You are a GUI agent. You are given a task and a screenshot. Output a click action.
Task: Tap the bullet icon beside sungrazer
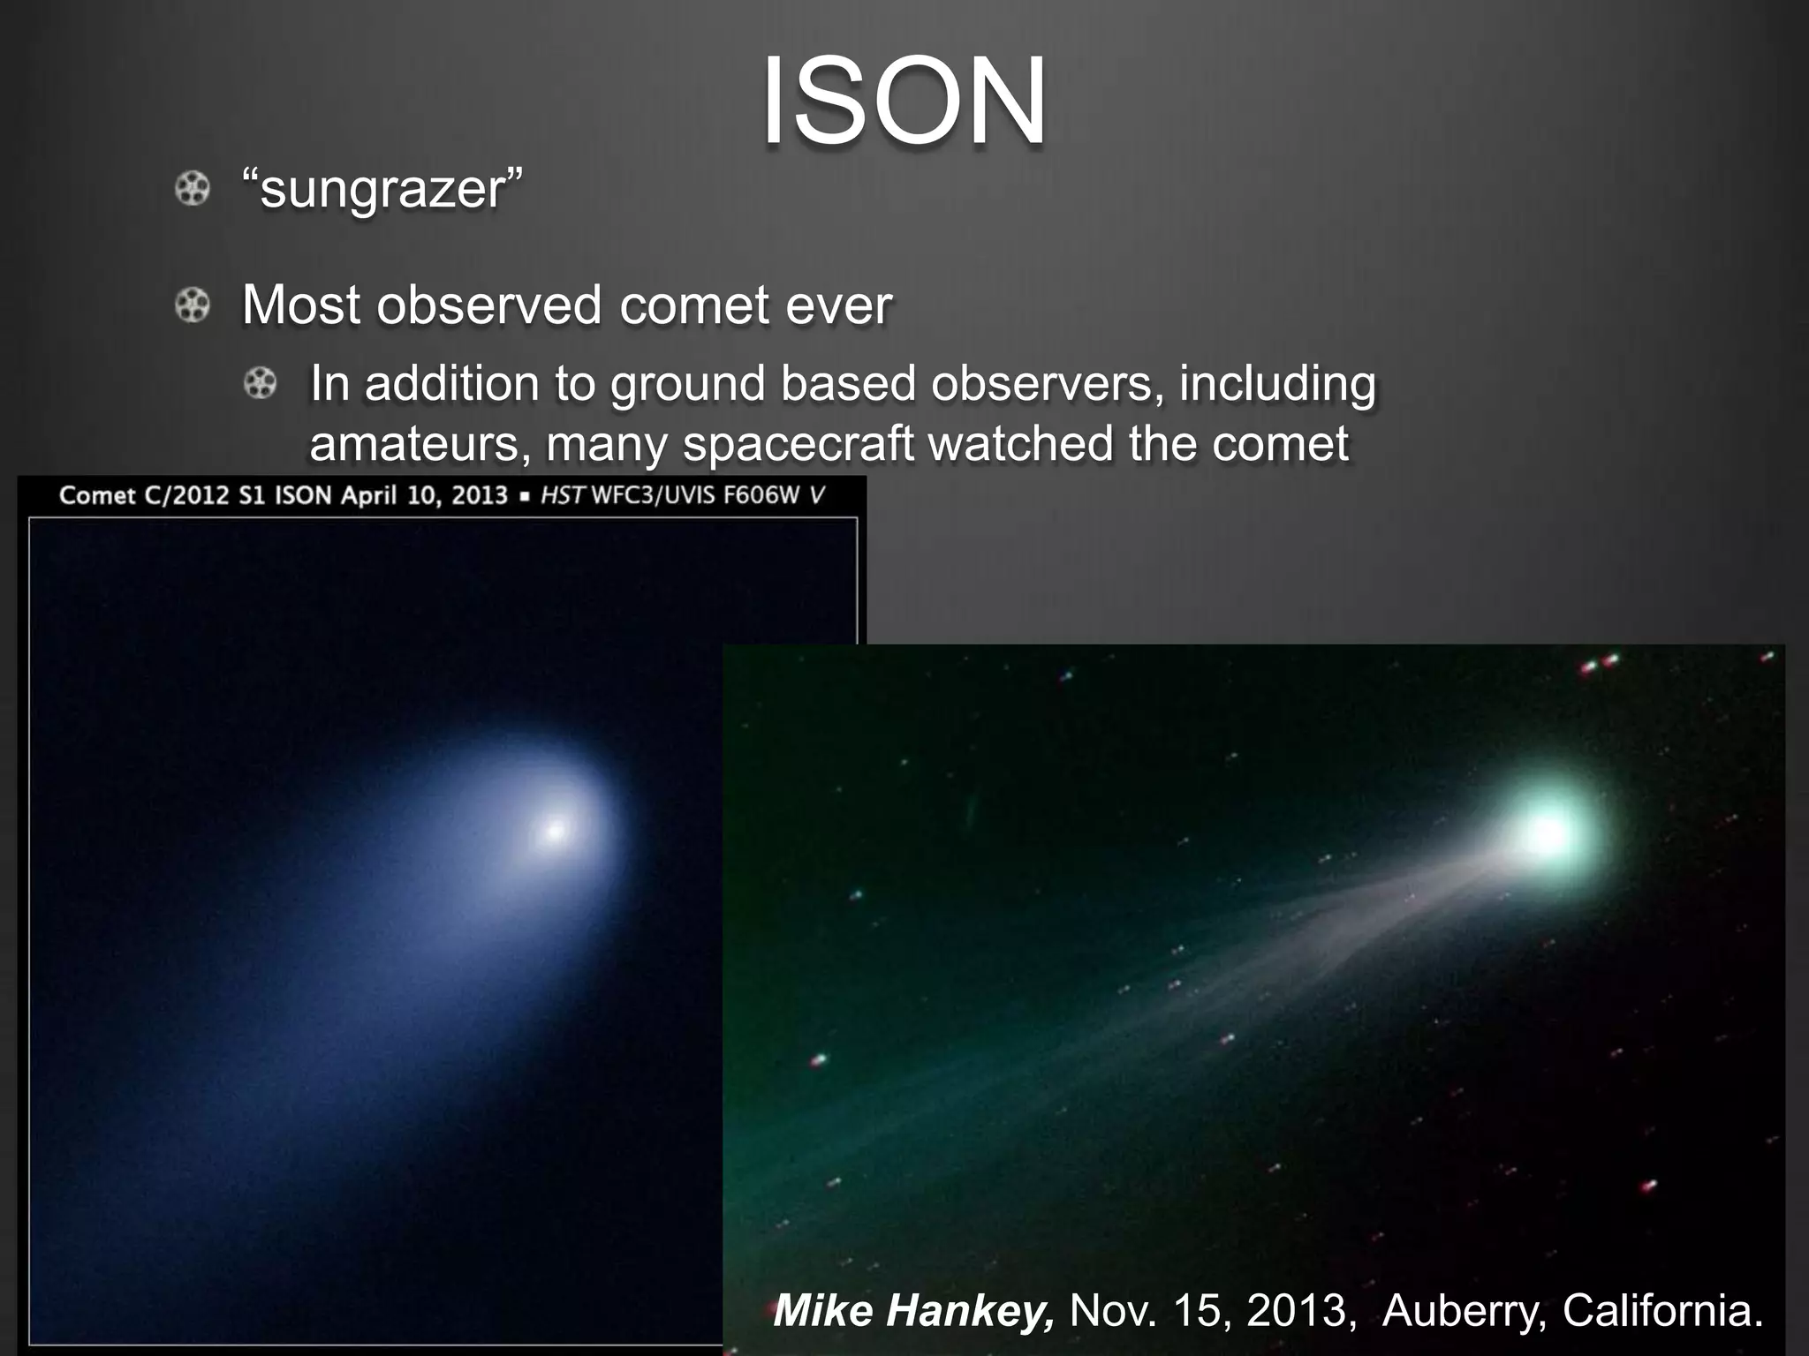192,189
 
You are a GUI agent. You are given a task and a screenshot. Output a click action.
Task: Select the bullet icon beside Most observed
192,305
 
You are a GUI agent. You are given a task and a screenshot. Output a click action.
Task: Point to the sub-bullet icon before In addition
260,384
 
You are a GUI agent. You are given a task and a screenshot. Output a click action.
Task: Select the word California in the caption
1661,1309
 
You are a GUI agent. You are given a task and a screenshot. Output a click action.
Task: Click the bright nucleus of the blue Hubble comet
556,831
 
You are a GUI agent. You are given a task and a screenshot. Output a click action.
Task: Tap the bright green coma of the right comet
1548,832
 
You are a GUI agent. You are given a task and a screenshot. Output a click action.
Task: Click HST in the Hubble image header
563,495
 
